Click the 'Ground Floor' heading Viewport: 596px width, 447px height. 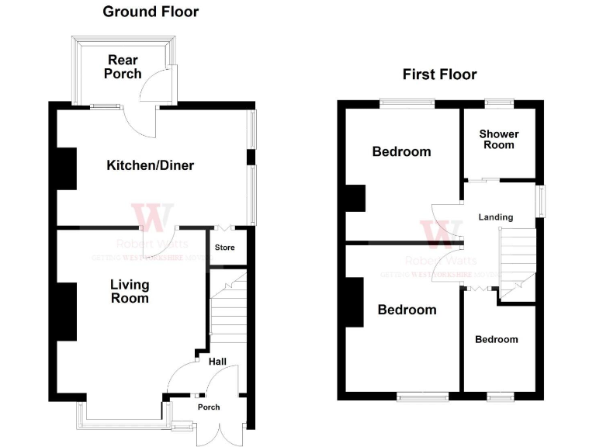pyautogui.click(x=151, y=12)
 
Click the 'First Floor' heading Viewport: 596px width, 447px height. pyautogui.click(x=439, y=74)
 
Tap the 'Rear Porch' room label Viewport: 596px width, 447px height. pyautogui.click(x=124, y=67)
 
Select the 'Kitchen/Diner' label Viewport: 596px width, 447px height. pyautogui.click(x=151, y=165)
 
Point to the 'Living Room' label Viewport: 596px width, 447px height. pyautogui.click(x=129, y=291)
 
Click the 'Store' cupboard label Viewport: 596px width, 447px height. pyautogui.click(x=224, y=248)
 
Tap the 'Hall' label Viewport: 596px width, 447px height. pyautogui.click(x=217, y=361)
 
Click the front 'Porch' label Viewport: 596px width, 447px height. pyautogui.click(x=209, y=407)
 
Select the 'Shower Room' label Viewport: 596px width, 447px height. pyautogui.click(x=499, y=139)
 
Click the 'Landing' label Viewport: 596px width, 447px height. pyautogui.click(x=495, y=217)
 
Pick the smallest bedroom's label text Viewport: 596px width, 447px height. pyautogui.click(x=497, y=339)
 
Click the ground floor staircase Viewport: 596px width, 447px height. pyautogui.click(x=228, y=310)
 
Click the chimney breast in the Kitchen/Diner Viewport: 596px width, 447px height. pyautogui.click(x=66, y=168)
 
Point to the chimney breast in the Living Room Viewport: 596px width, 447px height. pyautogui.click(x=66, y=311)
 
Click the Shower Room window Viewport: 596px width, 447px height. pyautogui.click(x=498, y=102)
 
